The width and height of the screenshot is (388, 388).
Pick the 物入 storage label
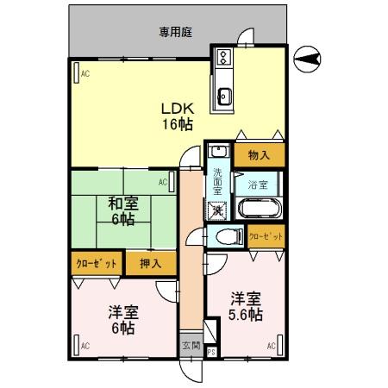(258, 155)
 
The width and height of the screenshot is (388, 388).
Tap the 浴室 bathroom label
(257, 185)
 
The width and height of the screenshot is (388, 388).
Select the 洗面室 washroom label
(218, 180)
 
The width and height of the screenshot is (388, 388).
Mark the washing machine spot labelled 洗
(218, 209)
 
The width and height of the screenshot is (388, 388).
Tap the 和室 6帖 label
(122, 211)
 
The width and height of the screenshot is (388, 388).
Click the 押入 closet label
(150, 262)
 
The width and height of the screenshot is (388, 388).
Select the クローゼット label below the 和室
(95, 262)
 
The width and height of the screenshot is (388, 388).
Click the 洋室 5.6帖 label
(244, 306)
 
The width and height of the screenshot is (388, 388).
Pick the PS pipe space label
(211, 352)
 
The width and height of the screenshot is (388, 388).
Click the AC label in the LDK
(85, 74)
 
